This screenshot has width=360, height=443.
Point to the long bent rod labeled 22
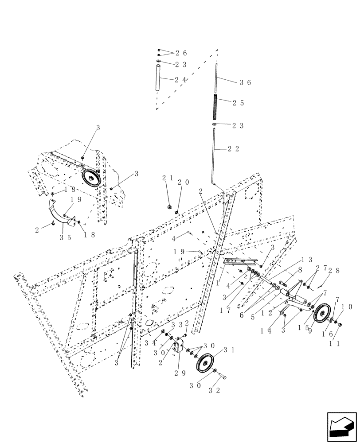(214, 153)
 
